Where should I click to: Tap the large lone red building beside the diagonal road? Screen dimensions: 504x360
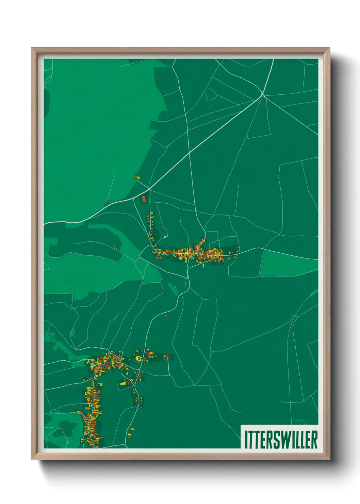click(144, 199)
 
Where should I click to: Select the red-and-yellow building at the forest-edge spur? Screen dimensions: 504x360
click(137, 177)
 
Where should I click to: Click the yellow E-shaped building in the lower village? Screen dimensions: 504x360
click(138, 358)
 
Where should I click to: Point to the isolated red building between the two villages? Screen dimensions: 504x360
click(166, 316)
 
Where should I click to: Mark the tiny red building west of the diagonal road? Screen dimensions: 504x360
click(106, 203)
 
